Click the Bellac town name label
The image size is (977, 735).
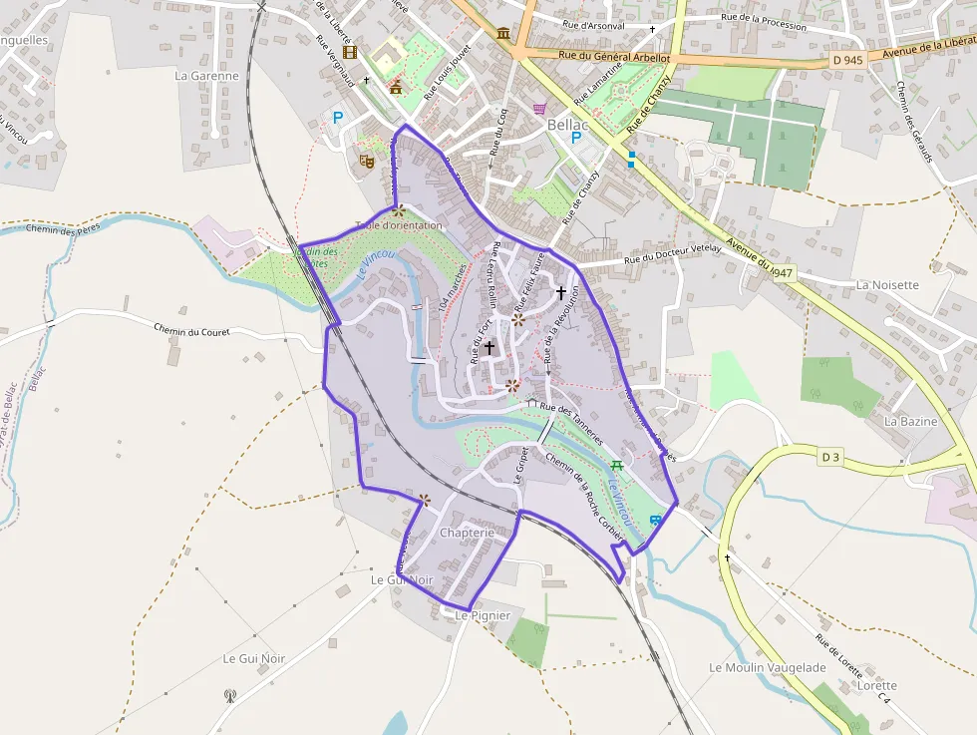pos(567,125)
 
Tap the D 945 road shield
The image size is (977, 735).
pos(846,60)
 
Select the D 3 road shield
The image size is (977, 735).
pos(830,458)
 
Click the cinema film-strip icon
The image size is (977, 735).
pos(349,52)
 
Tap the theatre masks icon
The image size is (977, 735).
pos(366,159)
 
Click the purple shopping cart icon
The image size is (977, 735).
pos(540,109)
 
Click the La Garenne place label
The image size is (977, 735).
pos(206,75)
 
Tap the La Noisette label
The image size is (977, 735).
pos(886,284)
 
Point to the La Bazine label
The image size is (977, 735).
pos(910,421)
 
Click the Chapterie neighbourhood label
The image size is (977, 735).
pos(467,534)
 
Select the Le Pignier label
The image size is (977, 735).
pos(483,615)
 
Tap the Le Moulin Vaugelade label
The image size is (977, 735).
pos(768,666)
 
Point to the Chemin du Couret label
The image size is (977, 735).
pos(193,330)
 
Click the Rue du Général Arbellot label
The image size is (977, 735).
pos(614,58)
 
